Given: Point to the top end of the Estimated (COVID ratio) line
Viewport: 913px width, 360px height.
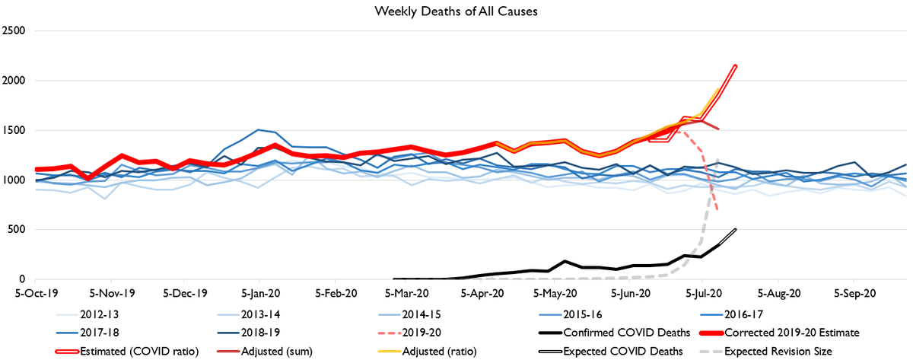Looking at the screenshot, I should coord(736,65).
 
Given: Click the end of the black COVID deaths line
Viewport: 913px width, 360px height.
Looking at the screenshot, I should coord(736,229).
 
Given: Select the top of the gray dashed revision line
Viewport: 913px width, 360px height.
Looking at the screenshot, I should coord(719,159).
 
